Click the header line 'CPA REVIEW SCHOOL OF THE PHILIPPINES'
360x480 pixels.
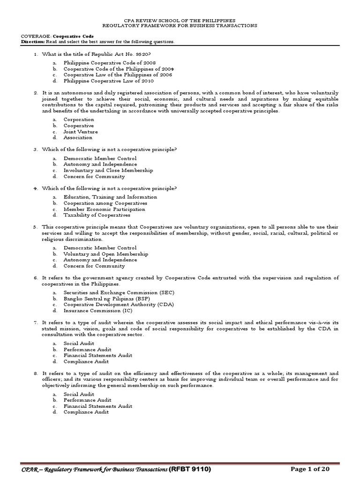coord(180,21)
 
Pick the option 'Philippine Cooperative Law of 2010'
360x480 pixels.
coord(103,81)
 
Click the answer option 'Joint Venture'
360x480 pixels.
coord(81,132)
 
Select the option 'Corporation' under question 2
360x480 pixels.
coord(79,120)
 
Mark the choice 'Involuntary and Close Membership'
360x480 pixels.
coord(108,171)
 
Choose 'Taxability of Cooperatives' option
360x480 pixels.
coord(97,215)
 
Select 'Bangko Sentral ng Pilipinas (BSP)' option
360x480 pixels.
coord(110,298)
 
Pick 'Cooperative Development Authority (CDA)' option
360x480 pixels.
coord(119,304)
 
